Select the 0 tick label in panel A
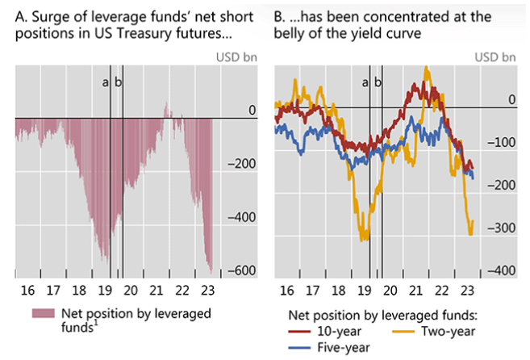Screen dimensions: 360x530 (252, 110)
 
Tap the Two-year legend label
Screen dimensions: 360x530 (448, 329)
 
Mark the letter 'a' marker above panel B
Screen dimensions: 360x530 (365, 81)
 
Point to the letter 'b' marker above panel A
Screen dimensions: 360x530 (119, 81)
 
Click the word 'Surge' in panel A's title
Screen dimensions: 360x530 (49, 16)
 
